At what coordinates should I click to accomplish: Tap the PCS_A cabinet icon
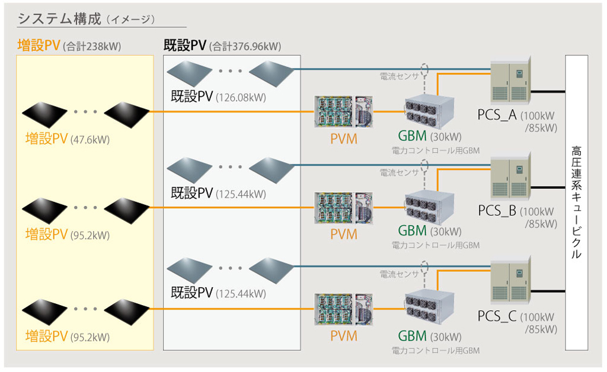tap(510, 82)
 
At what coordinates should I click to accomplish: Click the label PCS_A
tap(497, 115)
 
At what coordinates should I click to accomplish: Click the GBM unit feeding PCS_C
tap(429, 307)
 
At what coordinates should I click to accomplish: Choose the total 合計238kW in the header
tap(91, 46)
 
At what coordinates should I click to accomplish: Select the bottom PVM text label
tap(344, 336)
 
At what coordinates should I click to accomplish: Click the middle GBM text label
tap(412, 230)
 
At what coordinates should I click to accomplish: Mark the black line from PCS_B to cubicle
tap(548, 188)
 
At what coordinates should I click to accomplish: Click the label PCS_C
tap(497, 316)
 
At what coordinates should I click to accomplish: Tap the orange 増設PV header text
tap(39, 46)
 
